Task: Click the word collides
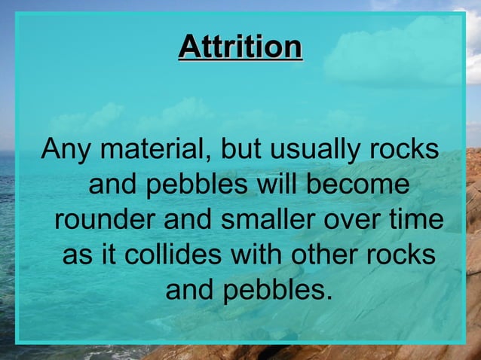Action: (170, 255)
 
